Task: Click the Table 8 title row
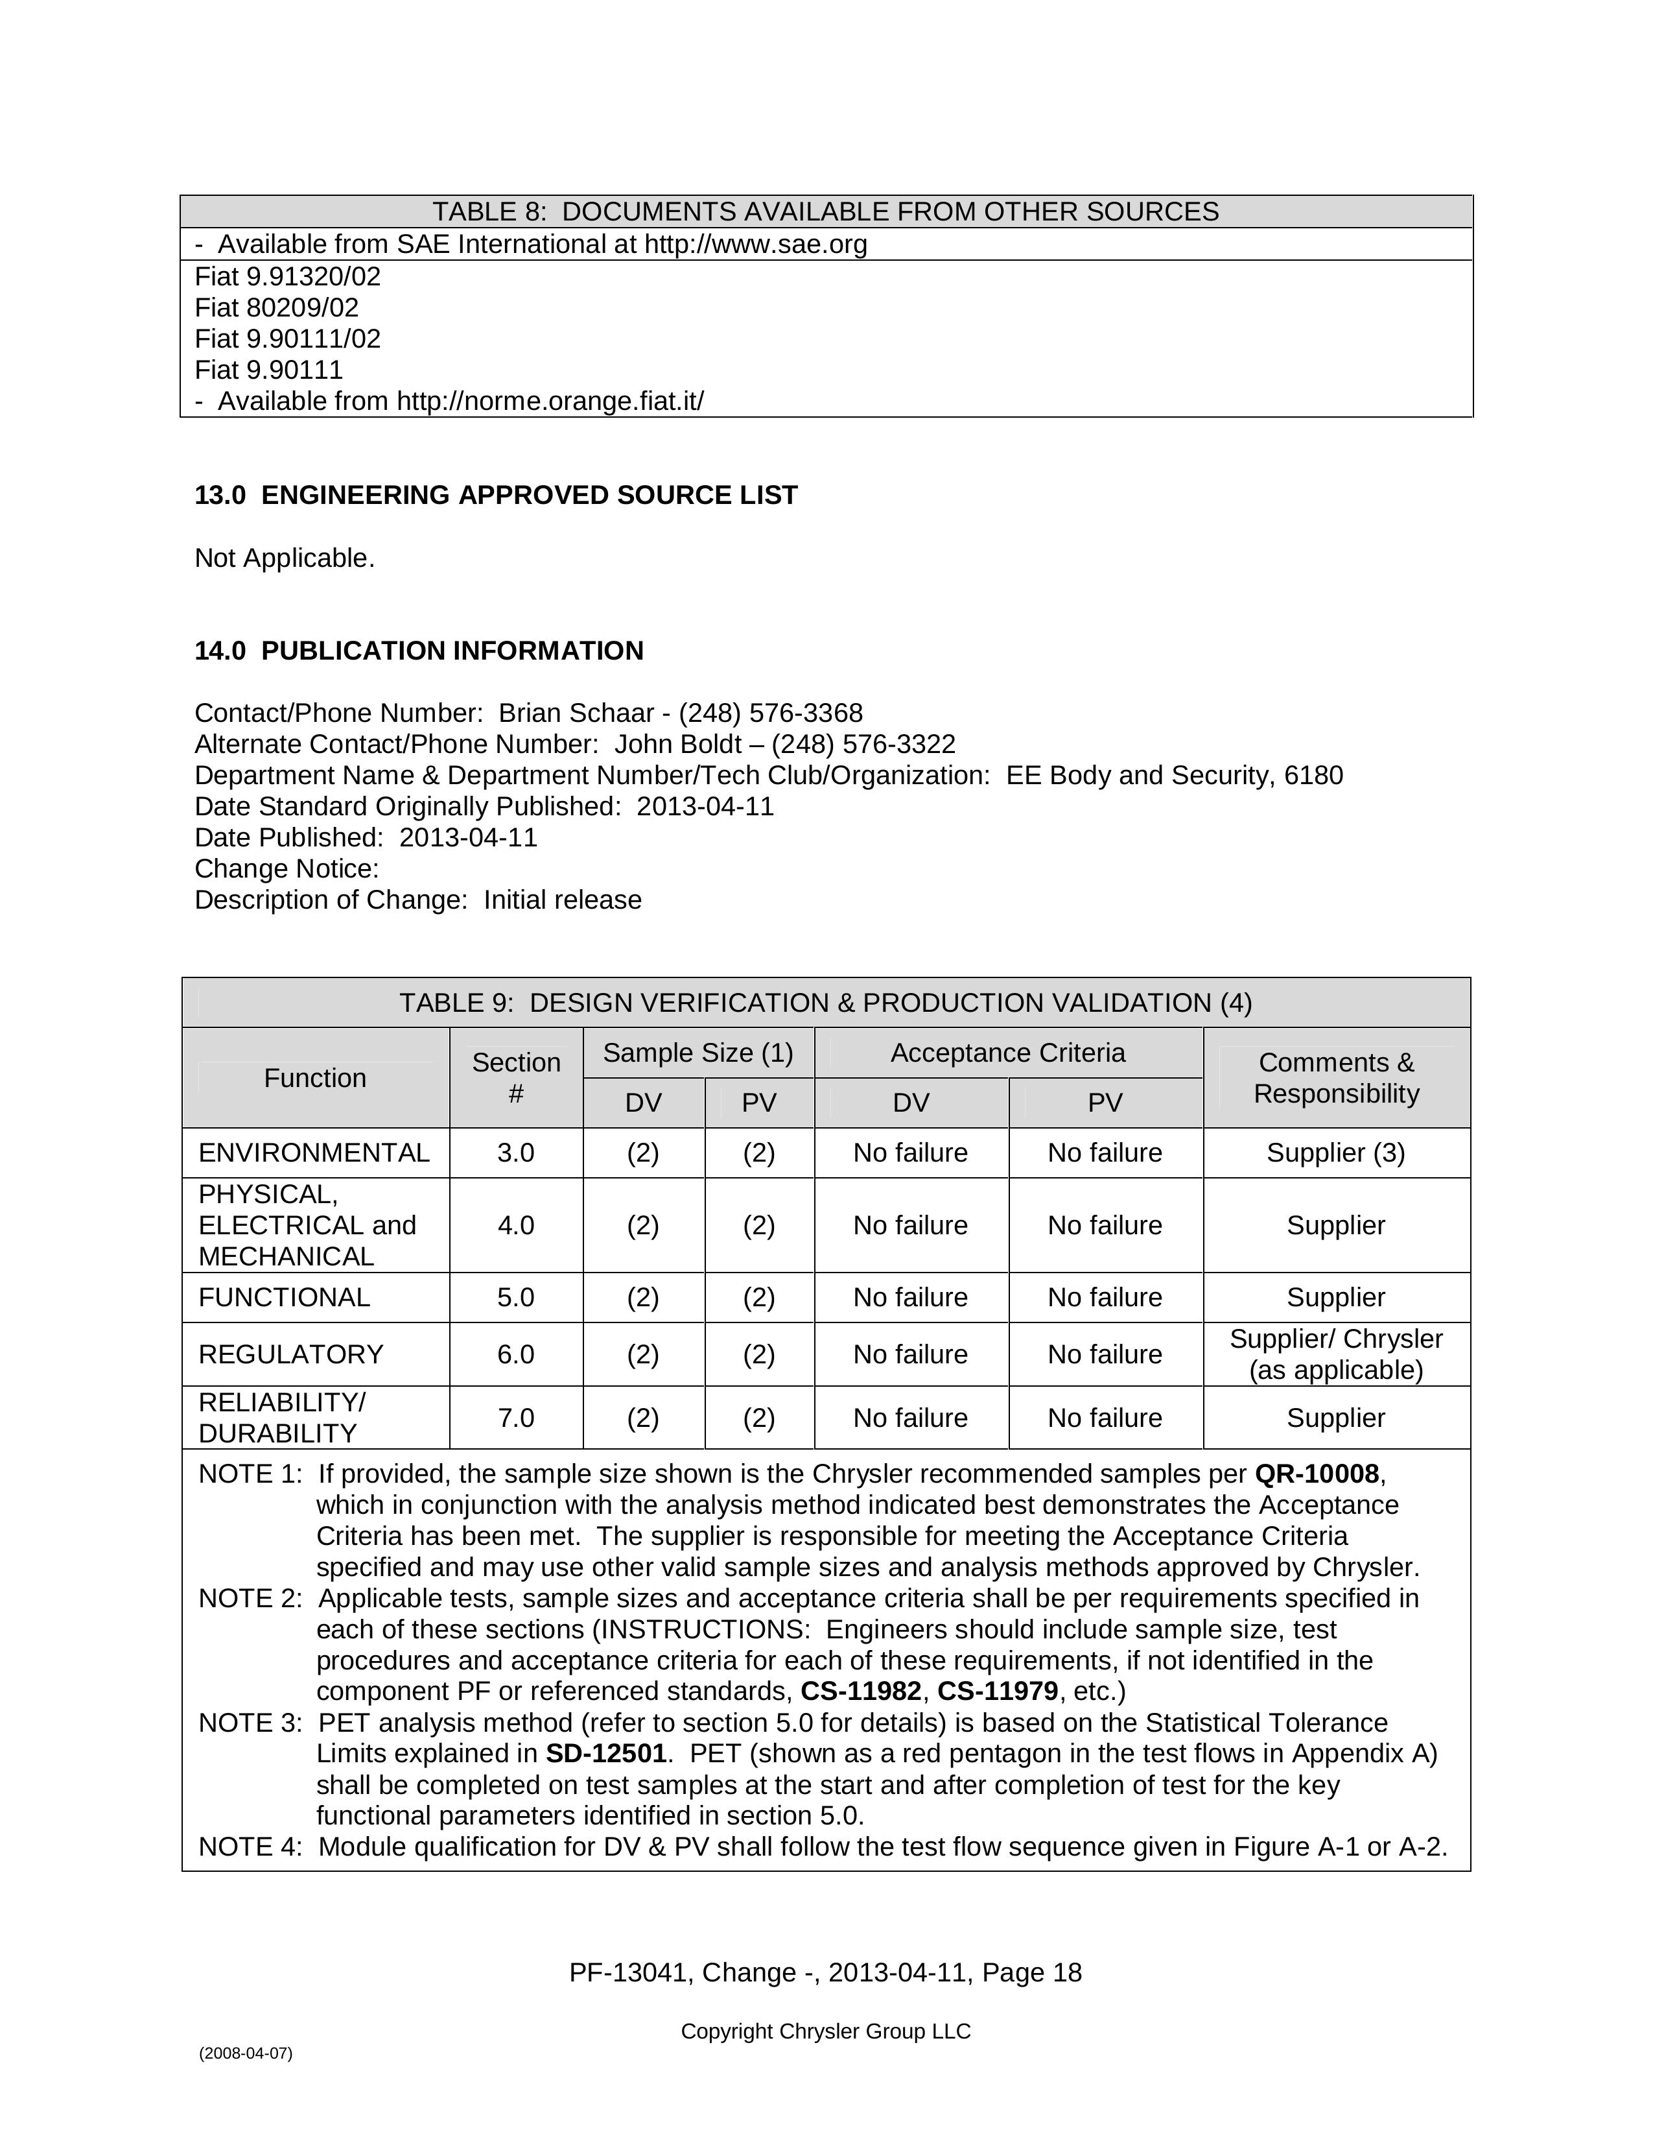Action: click(825, 211)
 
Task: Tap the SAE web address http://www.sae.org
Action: click(755, 244)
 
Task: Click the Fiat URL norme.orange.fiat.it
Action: click(550, 401)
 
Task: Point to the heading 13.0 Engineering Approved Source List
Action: click(496, 495)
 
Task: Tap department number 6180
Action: click(1313, 776)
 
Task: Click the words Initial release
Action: click(563, 900)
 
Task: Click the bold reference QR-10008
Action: click(1316, 1474)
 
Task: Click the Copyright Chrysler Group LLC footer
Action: click(825, 2031)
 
